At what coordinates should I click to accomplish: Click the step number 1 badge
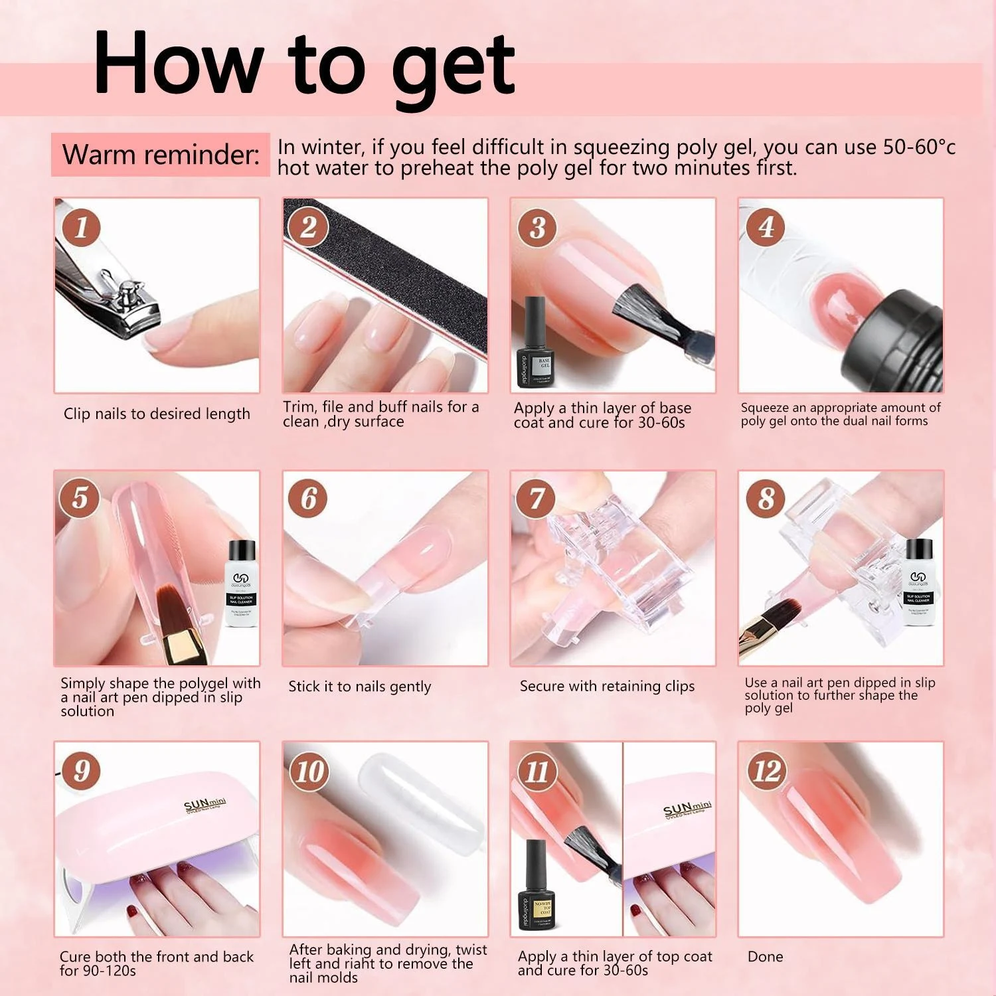pos(82,227)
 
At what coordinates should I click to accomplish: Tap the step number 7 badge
pos(537,499)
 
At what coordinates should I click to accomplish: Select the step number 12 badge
pos(766,771)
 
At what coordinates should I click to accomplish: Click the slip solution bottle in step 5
pos(241,584)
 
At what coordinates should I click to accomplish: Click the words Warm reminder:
pos(161,155)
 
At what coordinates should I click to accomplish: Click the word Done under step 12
pos(765,957)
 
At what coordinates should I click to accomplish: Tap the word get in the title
pos(453,66)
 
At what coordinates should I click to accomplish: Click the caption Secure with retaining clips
pos(607,687)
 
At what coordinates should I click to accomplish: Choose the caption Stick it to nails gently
pos(359,687)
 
